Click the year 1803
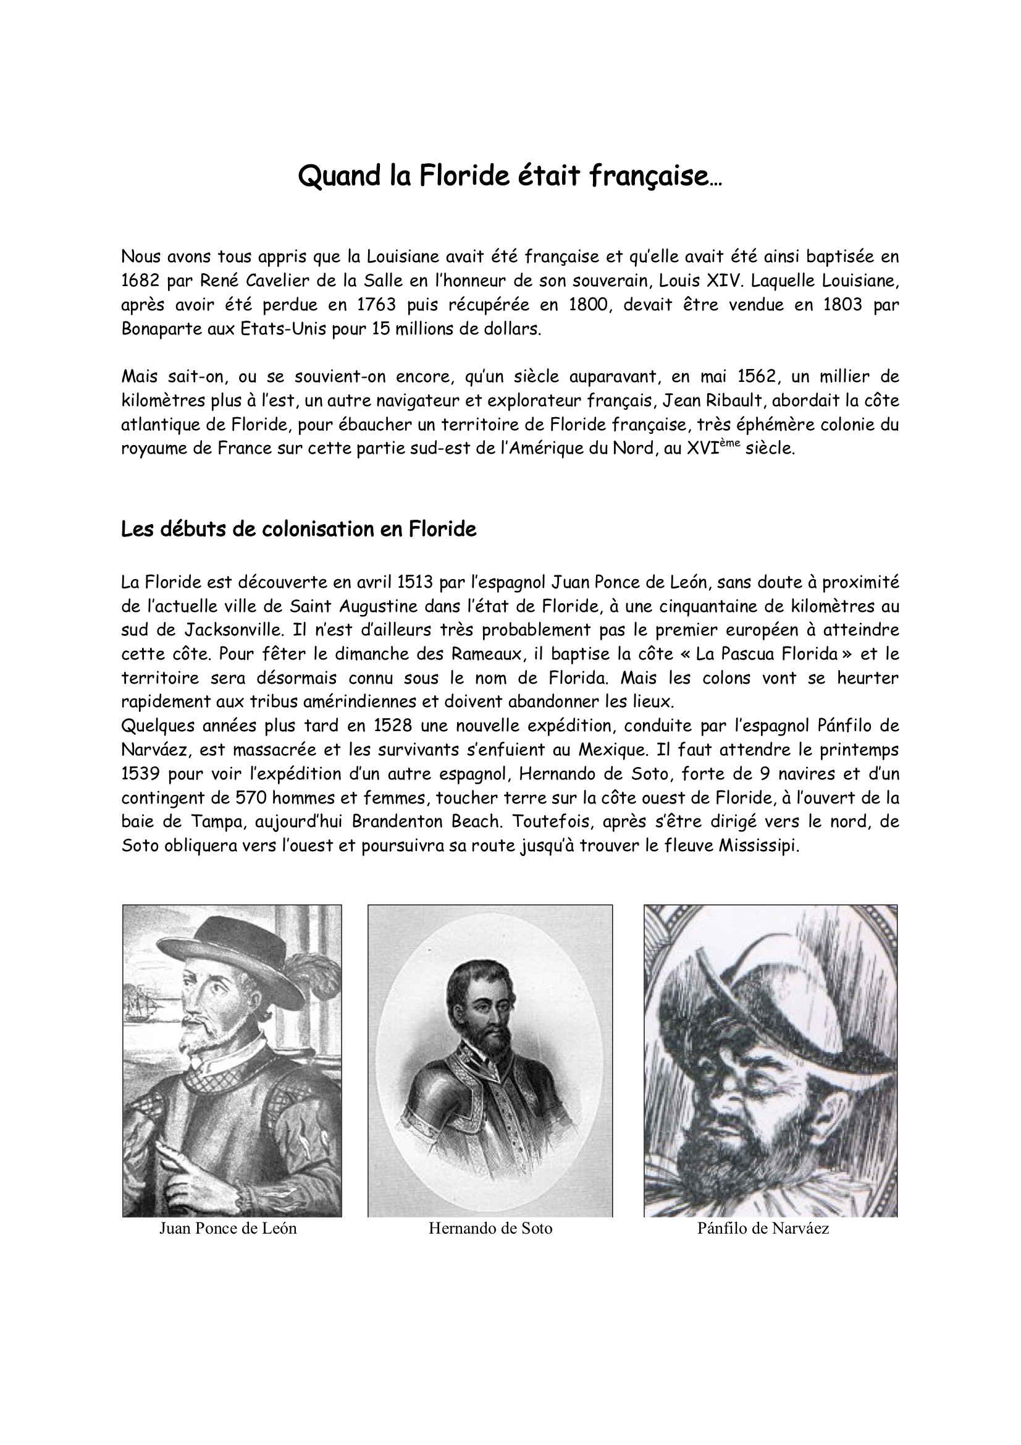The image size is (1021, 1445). click(842, 305)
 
